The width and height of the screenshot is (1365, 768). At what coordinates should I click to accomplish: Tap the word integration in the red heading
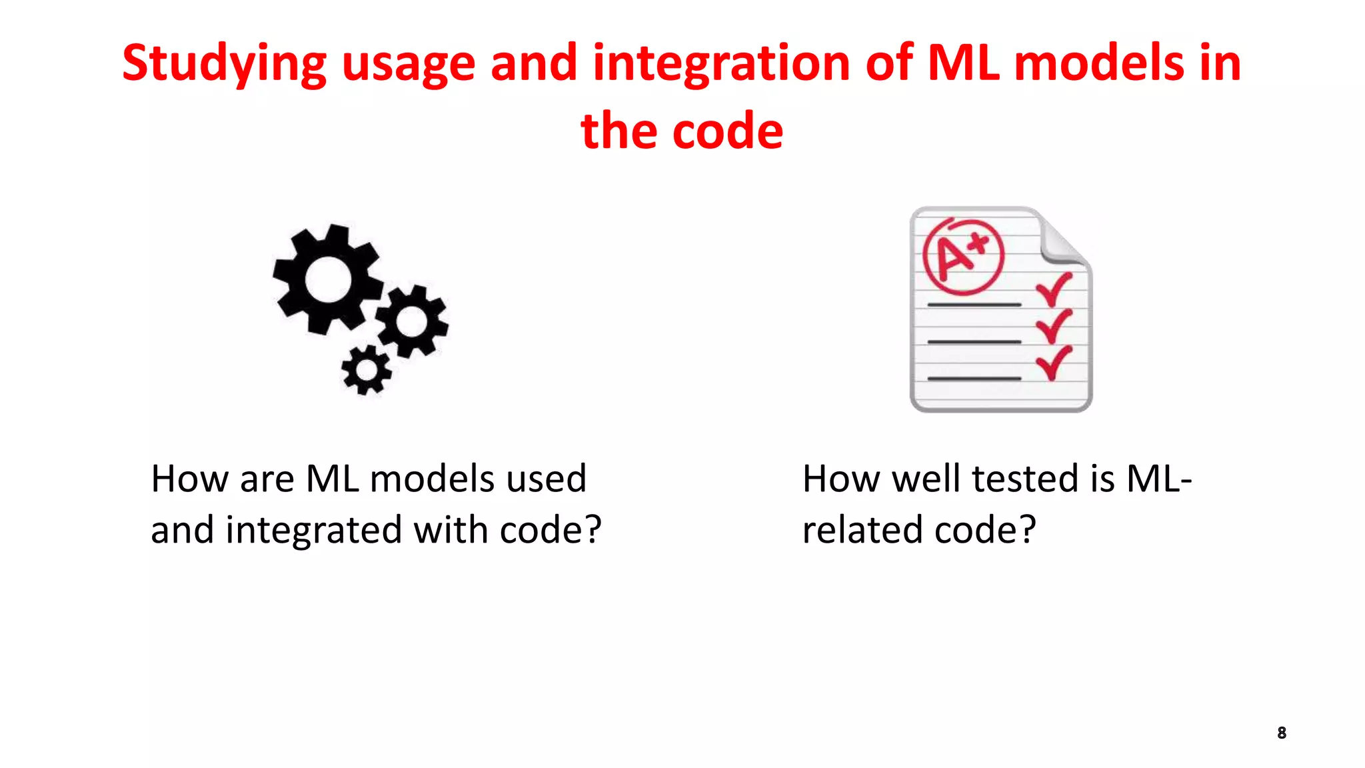[721, 63]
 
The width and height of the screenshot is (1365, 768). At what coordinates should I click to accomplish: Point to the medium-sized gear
[412, 322]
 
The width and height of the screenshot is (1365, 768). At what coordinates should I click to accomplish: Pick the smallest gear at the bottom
[365, 370]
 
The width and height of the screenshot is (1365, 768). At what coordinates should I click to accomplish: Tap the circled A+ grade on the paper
[962, 256]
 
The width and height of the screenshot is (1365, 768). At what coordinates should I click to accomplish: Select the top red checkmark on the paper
[1053, 289]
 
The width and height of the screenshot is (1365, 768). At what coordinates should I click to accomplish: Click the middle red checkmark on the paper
[1053, 326]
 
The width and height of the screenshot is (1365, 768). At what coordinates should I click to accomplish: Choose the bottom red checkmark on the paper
[1053, 363]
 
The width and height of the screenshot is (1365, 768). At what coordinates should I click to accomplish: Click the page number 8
[1281, 733]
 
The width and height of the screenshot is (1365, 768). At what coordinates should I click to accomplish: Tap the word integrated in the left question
[313, 531]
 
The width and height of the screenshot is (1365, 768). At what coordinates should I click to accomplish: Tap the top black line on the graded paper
[974, 305]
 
